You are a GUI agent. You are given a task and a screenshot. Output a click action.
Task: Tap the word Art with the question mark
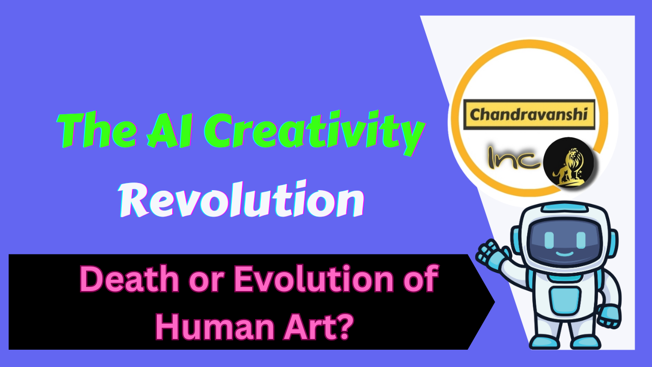[x=311, y=327]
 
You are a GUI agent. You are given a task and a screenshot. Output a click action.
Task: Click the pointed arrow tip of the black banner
[x=492, y=302]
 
